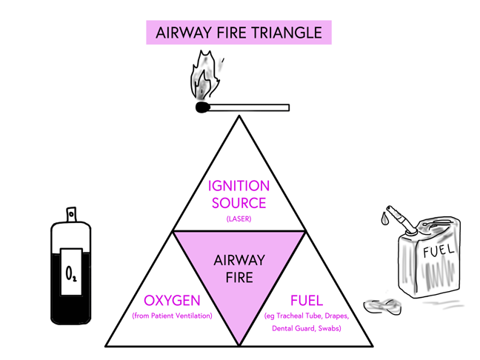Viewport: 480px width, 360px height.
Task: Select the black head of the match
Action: tap(202, 108)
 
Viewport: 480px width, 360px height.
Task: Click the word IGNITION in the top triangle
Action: tap(239, 186)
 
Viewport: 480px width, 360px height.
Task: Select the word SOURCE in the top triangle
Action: tap(239, 202)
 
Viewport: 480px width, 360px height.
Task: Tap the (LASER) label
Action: tap(239, 219)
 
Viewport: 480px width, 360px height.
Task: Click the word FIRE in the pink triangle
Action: tap(239, 278)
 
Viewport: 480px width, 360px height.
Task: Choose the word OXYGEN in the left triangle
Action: tap(172, 301)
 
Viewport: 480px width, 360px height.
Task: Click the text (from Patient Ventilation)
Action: tap(172, 316)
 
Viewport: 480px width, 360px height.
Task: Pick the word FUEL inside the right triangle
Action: tap(306, 301)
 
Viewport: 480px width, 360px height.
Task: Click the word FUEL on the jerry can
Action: tap(438, 252)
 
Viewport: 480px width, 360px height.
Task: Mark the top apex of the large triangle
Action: tap(239, 116)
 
